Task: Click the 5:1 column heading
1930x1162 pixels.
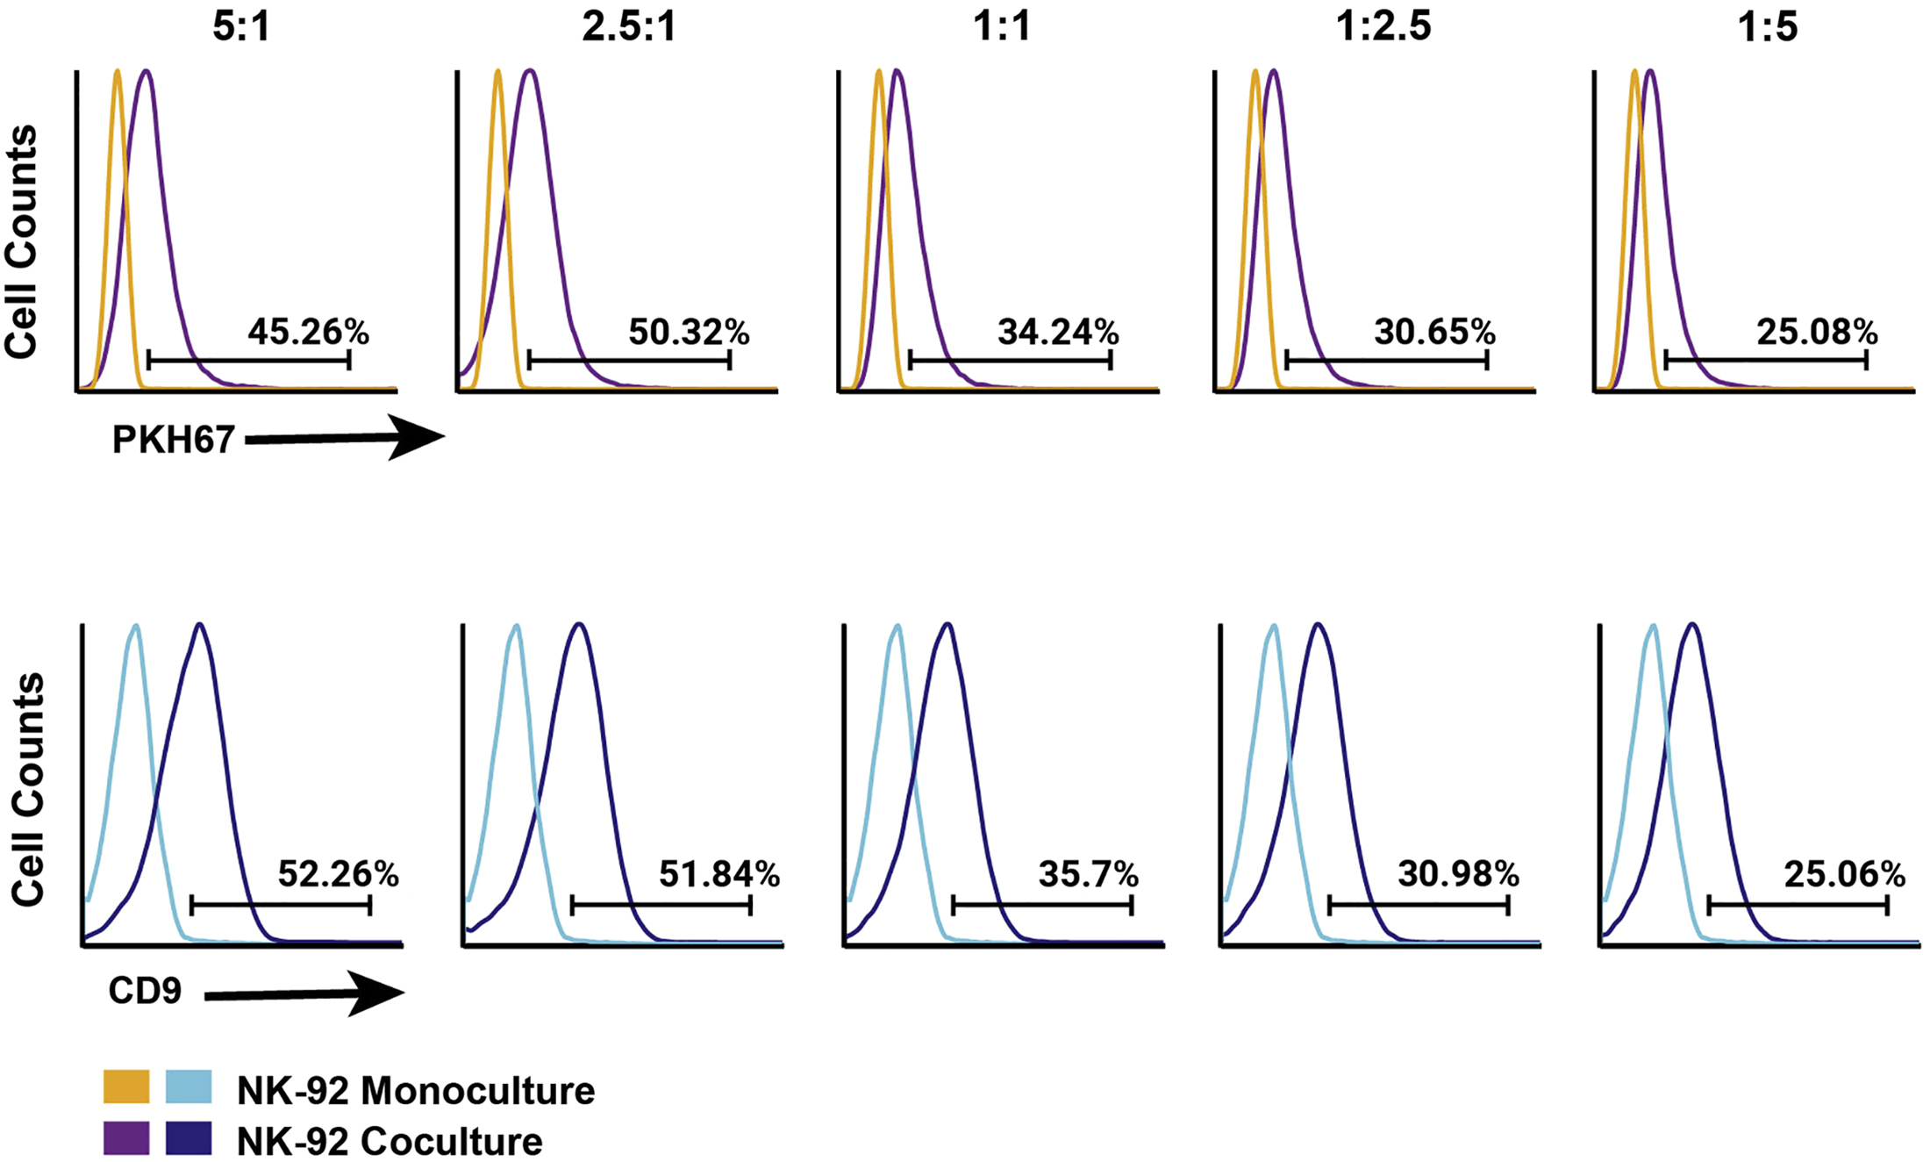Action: (242, 26)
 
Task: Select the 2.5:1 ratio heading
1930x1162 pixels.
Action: (628, 26)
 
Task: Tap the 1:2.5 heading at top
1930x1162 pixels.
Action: (1383, 26)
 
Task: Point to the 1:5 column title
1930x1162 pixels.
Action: (1768, 26)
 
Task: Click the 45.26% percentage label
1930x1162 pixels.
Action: (308, 332)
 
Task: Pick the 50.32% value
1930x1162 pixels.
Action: (689, 332)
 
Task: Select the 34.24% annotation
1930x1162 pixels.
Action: (1058, 332)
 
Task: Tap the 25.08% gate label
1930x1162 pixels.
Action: (1817, 332)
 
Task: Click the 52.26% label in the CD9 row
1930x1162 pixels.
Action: (339, 873)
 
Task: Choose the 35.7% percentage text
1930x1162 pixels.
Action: (1089, 873)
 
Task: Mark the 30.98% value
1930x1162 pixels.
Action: (1458, 873)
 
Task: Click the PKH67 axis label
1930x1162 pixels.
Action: (173, 440)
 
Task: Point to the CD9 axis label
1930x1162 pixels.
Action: (145, 991)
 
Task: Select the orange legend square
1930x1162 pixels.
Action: (126, 1087)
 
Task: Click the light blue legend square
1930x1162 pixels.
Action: (189, 1087)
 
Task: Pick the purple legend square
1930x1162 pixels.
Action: (126, 1137)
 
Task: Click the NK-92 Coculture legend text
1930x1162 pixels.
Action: (390, 1141)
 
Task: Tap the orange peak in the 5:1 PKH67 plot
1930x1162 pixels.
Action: (118, 75)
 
